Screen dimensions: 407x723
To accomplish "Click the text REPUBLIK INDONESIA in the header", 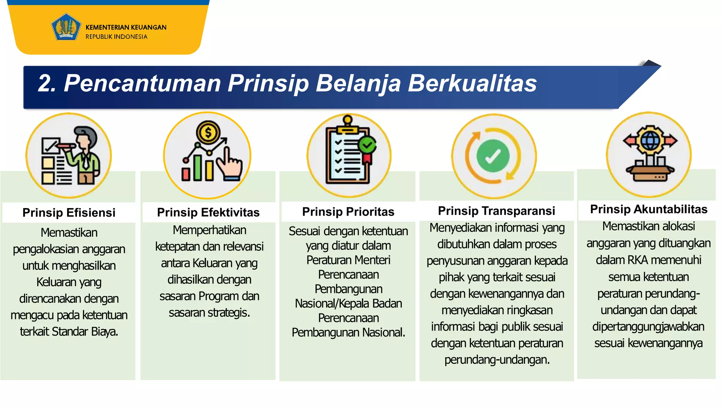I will pyautogui.click(x=116, y=37).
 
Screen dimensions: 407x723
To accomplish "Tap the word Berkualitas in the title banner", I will pyautogui.click(x=472, y=83).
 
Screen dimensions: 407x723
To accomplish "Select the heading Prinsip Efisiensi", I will pyautogui.click(x=69, y=213).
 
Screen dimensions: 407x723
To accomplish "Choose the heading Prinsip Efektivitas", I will pyautogui.click(x=208, y=212).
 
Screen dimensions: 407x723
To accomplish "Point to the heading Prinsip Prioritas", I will pyautogui.click(x=348, y=212).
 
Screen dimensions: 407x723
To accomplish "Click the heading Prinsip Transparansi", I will pyautogui.click(x=496, y=211).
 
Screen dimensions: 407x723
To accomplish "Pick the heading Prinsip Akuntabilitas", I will pyautogui.click(x=649, y=209).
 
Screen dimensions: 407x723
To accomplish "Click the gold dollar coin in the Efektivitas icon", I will pyautogui.click(x=208, y=133).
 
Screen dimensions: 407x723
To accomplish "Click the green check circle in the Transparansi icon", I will pyautogui.click(x=493, y=156).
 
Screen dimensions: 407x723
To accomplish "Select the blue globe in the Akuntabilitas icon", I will pyautogui.click(x=650, y=140).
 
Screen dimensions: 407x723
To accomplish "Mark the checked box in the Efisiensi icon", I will pyautogui.click(x=50, y=145).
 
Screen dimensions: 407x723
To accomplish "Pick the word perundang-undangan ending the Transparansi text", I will pyautogui.click(x=497, y=360).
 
